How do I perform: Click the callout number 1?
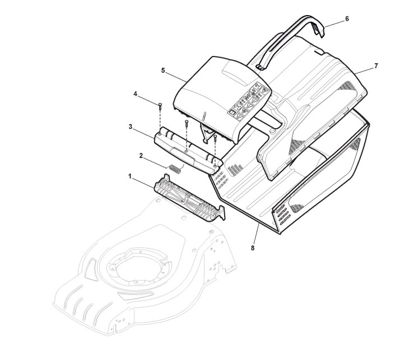[x=131, y=176]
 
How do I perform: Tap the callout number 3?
[x=130, y=127]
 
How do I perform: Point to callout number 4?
[x=136, y=95]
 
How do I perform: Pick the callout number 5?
[x=163, y=71]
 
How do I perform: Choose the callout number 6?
[x=346, y=18]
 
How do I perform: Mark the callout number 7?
[x=375, y=66]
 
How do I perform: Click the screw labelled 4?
[x=160, y=105]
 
